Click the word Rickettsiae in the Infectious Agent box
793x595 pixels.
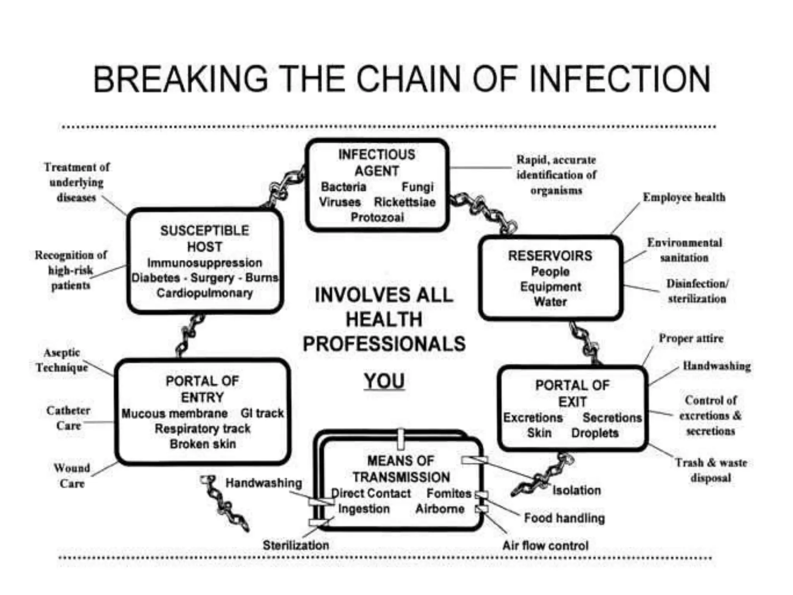click(x=405, y=202)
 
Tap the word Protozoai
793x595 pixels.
click(x=377, y=217)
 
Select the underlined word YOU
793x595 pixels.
click(x=384, y=381)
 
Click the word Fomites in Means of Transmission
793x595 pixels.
click(x=449, y=494)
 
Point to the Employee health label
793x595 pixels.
click(x=684, y=197)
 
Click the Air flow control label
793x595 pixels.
click(x=545, y=546)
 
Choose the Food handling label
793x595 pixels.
click(x=564, y=518)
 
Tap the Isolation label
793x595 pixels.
click(x=577, y=490)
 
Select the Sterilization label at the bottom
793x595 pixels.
click(x=296, y=545)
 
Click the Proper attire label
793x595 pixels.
click(x=691, y=339)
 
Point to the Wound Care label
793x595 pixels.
click(x=72, y=476)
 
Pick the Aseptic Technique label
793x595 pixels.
click(x=62, y=360)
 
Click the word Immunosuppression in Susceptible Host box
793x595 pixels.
click(x=204, y=263)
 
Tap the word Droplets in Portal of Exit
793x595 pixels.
click(x=595, y=433)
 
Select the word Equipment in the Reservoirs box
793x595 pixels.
click(x=550, y=287)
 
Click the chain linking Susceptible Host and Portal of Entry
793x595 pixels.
click(x=190, y=335)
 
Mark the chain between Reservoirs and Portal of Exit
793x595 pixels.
click(x=585, y=343)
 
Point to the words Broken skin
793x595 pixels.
click(x=203, y=444)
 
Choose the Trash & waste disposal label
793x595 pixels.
click(x=711, y=470)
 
